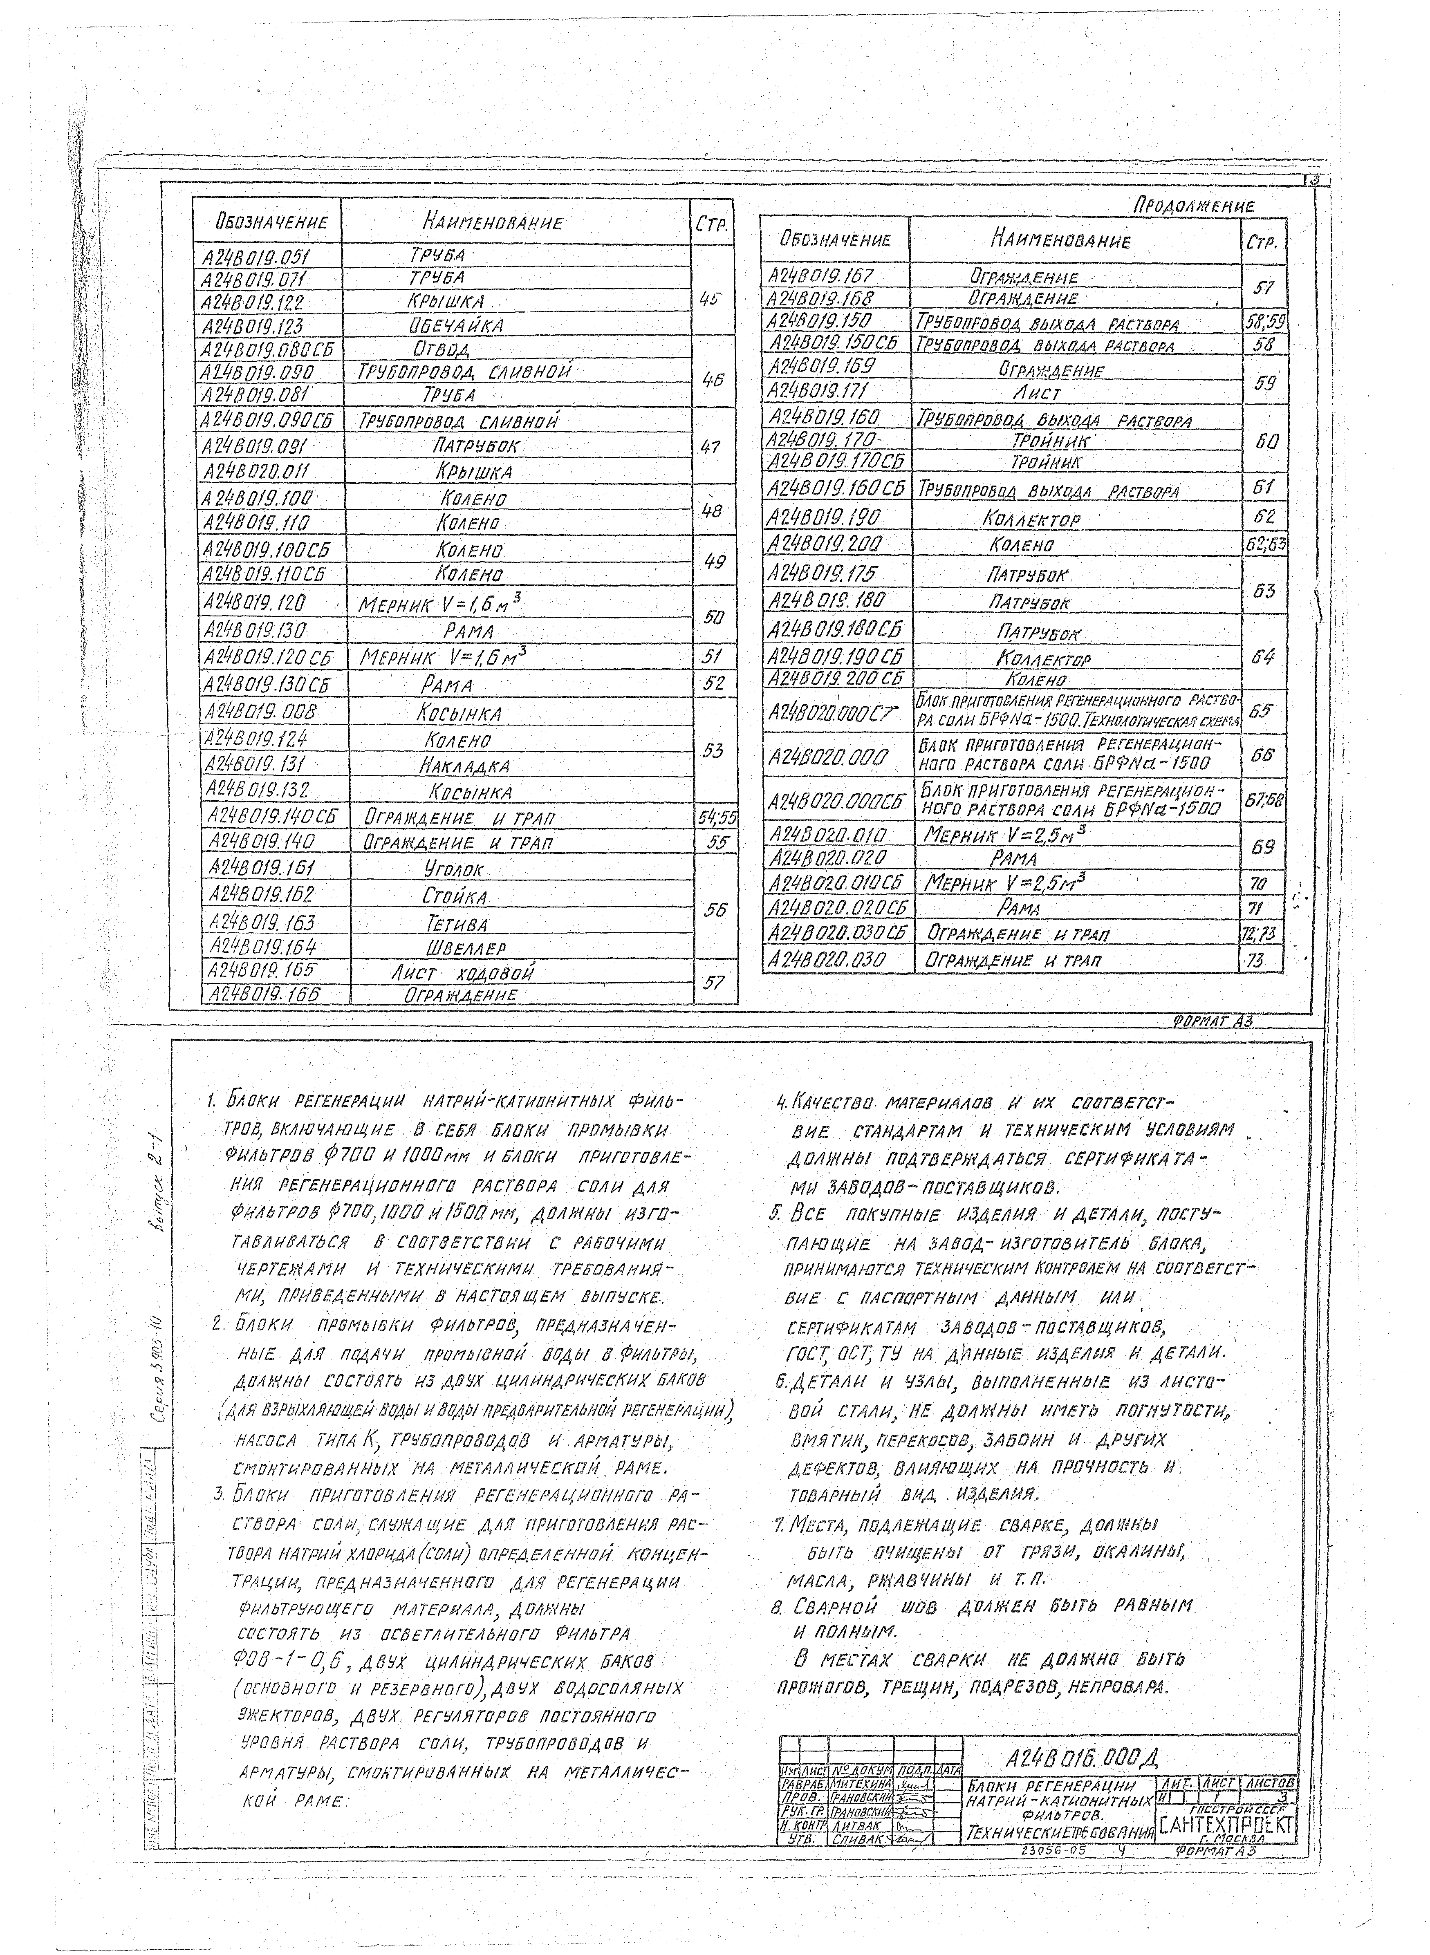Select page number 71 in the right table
[1260, 908]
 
